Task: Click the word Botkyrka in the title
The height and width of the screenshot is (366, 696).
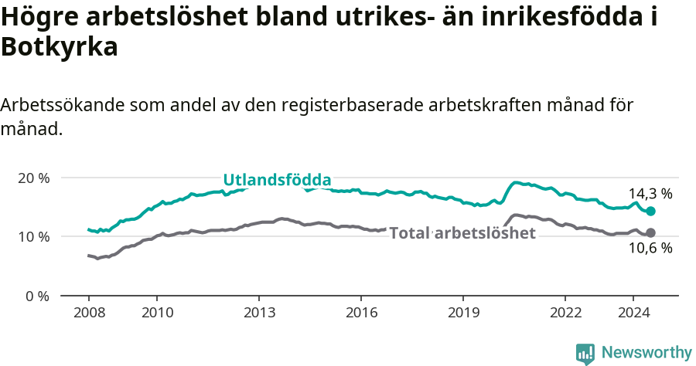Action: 59,48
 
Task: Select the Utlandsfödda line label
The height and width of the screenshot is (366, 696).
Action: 277,180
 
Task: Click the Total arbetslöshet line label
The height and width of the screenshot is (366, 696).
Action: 462,233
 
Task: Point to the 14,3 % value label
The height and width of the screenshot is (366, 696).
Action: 650,194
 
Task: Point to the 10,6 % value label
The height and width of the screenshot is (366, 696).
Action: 650,248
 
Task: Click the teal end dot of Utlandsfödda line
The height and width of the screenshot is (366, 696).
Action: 650,211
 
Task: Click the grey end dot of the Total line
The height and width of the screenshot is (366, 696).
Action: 650,232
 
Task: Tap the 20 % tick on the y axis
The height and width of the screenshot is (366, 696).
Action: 32,178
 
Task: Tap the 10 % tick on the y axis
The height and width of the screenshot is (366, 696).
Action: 32,236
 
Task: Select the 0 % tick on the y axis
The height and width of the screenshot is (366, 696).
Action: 36,296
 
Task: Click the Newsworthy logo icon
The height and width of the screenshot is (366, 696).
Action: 585,354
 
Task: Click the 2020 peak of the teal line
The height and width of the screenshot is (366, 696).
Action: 517,183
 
